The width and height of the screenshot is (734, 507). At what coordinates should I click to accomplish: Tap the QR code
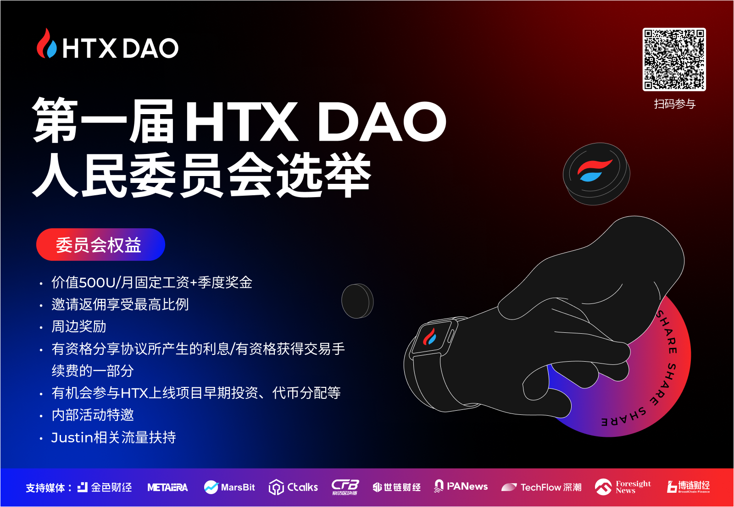674,60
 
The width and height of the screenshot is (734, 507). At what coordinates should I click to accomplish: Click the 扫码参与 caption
675,104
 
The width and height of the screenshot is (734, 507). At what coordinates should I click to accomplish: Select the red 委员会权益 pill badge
100,245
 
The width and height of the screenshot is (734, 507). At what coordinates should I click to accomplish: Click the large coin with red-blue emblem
596,174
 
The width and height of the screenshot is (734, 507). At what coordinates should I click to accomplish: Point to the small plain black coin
357,301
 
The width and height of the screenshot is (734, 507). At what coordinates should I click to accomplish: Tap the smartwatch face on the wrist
430,337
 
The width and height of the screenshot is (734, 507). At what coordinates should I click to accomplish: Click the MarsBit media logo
229,487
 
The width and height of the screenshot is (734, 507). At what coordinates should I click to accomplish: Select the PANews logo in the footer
461,486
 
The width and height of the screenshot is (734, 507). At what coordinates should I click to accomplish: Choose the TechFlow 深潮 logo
542,487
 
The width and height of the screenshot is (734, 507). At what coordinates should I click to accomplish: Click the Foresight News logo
623,487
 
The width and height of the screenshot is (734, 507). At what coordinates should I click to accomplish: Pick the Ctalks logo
293,487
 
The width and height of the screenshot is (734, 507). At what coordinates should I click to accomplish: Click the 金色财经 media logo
105,487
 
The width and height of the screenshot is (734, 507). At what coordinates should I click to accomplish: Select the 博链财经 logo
689,487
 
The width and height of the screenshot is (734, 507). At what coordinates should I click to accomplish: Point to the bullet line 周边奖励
78,326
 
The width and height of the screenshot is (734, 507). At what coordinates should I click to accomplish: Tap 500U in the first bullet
97,282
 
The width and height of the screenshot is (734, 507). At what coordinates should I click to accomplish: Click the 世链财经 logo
396,487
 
